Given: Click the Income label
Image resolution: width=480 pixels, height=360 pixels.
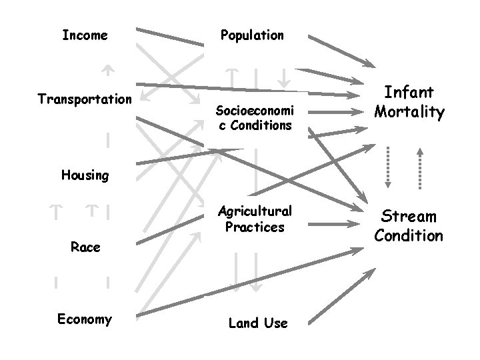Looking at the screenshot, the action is click(85, 35).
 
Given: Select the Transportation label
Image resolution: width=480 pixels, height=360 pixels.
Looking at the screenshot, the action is click(85, 99).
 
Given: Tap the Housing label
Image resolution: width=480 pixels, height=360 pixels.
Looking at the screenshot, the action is click(85, 175).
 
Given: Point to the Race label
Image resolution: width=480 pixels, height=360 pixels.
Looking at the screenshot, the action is click(85, 247).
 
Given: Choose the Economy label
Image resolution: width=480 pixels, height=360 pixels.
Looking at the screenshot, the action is click(85, 319).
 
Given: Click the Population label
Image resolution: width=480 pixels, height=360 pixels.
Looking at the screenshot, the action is click(253, 35).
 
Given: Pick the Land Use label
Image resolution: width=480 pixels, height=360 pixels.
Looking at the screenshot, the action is click(258, 323).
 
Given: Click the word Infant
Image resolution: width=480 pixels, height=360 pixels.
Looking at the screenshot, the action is click(409, 92).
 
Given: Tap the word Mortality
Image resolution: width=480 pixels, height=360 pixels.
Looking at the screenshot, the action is click(409, 111).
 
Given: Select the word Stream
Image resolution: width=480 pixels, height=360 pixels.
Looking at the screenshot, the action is click(409, 216).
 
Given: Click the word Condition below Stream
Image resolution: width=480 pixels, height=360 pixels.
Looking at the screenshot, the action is click(409, 235).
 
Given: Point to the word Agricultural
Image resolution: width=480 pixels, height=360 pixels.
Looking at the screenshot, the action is click(255, 211).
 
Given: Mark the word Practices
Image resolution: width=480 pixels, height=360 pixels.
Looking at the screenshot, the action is click(255, 227).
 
